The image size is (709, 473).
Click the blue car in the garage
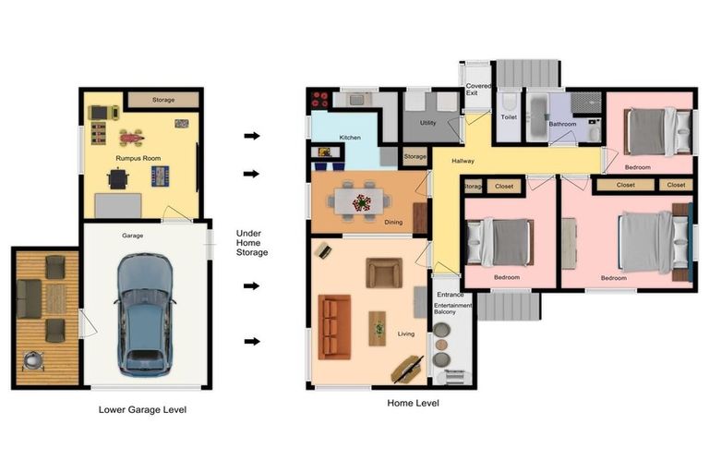click(145, 315)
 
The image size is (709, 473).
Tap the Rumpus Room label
click(138, 158)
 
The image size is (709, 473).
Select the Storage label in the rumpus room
click(163, 100)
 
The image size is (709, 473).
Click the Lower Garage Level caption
click(142, 409)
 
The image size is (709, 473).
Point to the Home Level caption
click(413, 403)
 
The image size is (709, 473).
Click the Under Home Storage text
click(252, 243)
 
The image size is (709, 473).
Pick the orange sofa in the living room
click(334, 327)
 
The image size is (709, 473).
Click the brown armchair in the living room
click(384, 273)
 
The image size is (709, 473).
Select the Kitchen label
click(350, 137)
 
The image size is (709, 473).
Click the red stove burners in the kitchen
click(320, 100)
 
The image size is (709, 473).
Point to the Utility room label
click(427, 123)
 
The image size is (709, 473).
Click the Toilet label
click(509, 116)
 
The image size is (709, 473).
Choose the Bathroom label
click(562, 124)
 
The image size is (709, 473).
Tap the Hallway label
click(463, 161)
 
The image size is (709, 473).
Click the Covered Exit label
click(478, 90)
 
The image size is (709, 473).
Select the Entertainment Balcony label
click(452, 309)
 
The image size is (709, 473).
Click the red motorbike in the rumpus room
click(132, 137)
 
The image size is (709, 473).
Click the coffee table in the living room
click(377, 329)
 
